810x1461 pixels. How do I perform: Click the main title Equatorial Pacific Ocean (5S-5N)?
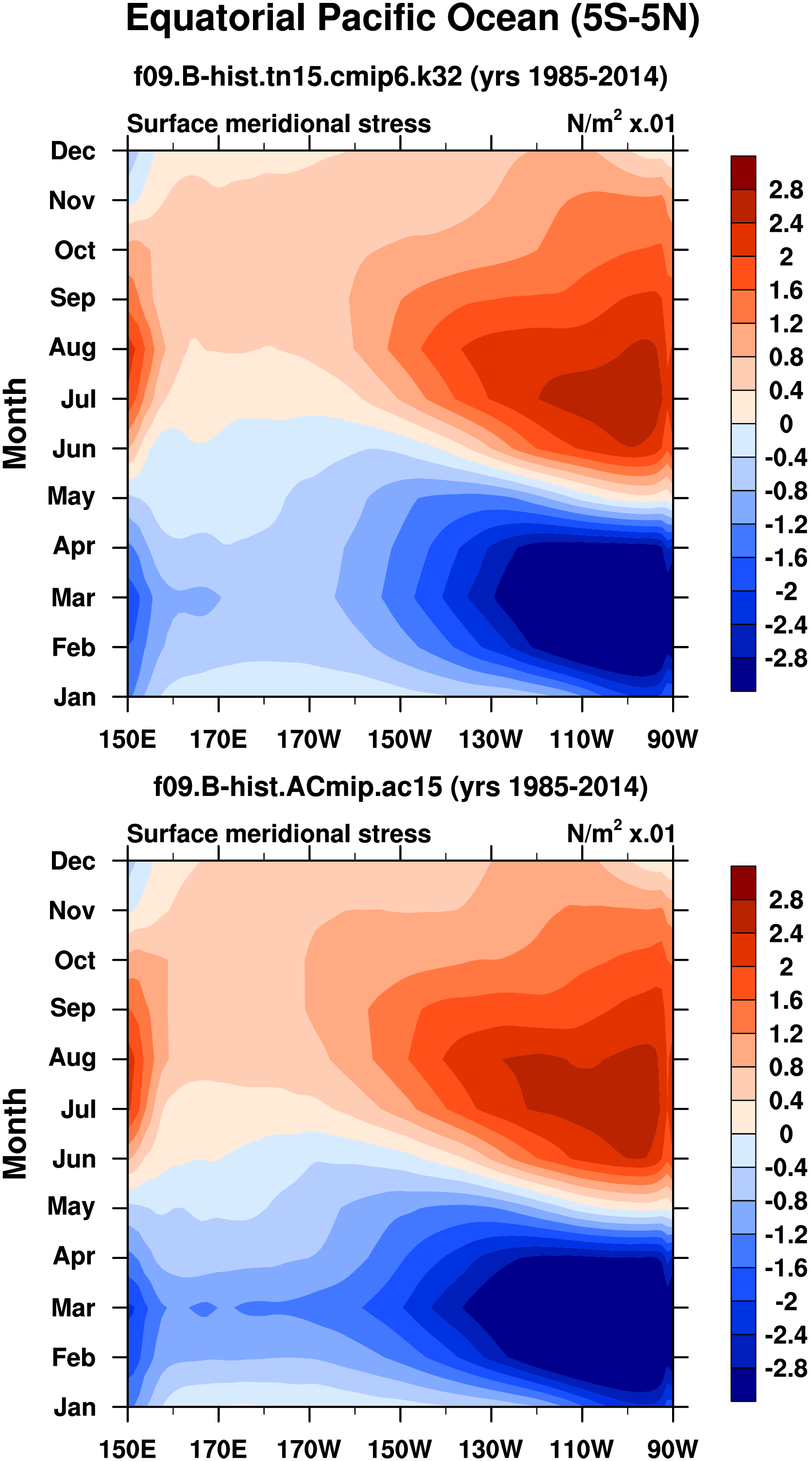point(412,19)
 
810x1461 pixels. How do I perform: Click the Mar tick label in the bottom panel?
point(73,1308)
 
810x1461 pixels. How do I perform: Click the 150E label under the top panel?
point(127,740)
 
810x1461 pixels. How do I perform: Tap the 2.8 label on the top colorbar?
point(786,190)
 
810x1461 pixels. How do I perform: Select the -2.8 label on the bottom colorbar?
point(786,1369)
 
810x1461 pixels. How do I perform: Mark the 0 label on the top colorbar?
point(786,424)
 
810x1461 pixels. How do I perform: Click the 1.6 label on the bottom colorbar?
point(786,1001)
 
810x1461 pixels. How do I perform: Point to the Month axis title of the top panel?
point(16,424)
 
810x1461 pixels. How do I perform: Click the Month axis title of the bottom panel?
point(16,1134)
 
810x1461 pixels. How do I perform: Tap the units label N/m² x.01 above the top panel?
point(621,123)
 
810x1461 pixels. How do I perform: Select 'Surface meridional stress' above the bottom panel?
point(279,834)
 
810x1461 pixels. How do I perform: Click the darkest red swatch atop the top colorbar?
point(743,172)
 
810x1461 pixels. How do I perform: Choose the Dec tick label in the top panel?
point(73,151)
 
